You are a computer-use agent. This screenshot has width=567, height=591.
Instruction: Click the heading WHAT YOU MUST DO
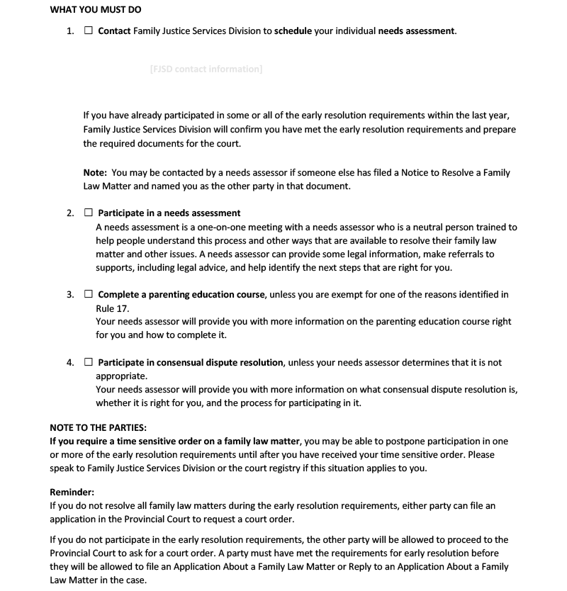(96, 10)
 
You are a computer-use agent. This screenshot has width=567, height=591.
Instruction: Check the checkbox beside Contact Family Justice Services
(89, 31)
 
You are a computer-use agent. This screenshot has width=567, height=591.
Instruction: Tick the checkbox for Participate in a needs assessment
(89, 213)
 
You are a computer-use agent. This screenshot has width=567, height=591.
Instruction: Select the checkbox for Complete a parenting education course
(89, 294)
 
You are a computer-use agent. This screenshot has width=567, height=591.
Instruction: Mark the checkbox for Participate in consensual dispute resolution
(89, 362)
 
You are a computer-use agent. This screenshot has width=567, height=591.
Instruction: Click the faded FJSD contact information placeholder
(206, 69)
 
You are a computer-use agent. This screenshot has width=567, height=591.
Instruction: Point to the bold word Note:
(95, 172)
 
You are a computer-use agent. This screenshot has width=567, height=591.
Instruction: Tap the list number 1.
(69, 31)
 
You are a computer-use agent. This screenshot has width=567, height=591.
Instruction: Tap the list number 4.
(69, 362)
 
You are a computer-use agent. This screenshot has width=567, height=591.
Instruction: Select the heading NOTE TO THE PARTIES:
(99, 427)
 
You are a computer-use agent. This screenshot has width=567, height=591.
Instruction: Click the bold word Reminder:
(72, 491)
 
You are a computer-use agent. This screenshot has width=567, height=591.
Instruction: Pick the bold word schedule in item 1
(294, 31)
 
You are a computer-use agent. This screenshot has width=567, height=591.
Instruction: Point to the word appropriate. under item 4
(122, 376)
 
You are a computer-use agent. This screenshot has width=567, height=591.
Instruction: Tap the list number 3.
(69, 294)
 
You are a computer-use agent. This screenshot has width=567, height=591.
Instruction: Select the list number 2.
(69, 213)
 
